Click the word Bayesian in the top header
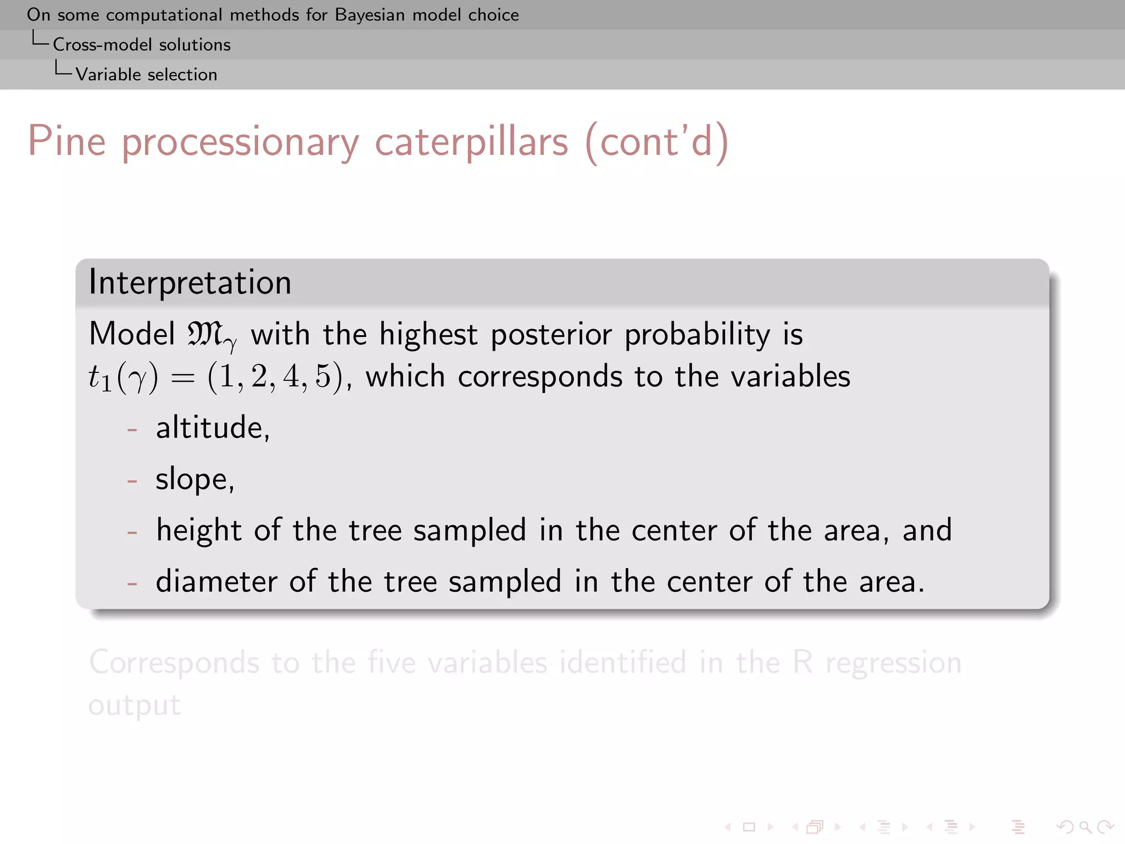point(370,15)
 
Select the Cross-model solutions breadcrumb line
point(141,45)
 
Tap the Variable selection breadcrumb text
point(146,75)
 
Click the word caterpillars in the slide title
point(471,142)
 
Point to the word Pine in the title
point(66,142)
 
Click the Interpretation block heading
point(190,282)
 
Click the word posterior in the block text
point(551,334)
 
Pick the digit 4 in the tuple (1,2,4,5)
point(291,377)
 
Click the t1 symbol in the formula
point(100,378)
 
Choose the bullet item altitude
point(213,427)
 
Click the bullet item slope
point(195,479)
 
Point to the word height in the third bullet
point(198,530)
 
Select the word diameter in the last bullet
point(216,582)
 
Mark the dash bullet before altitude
point(132,429)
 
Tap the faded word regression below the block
point(893,663)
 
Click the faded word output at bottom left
point(135,705)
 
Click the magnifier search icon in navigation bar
point(1085,826)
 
